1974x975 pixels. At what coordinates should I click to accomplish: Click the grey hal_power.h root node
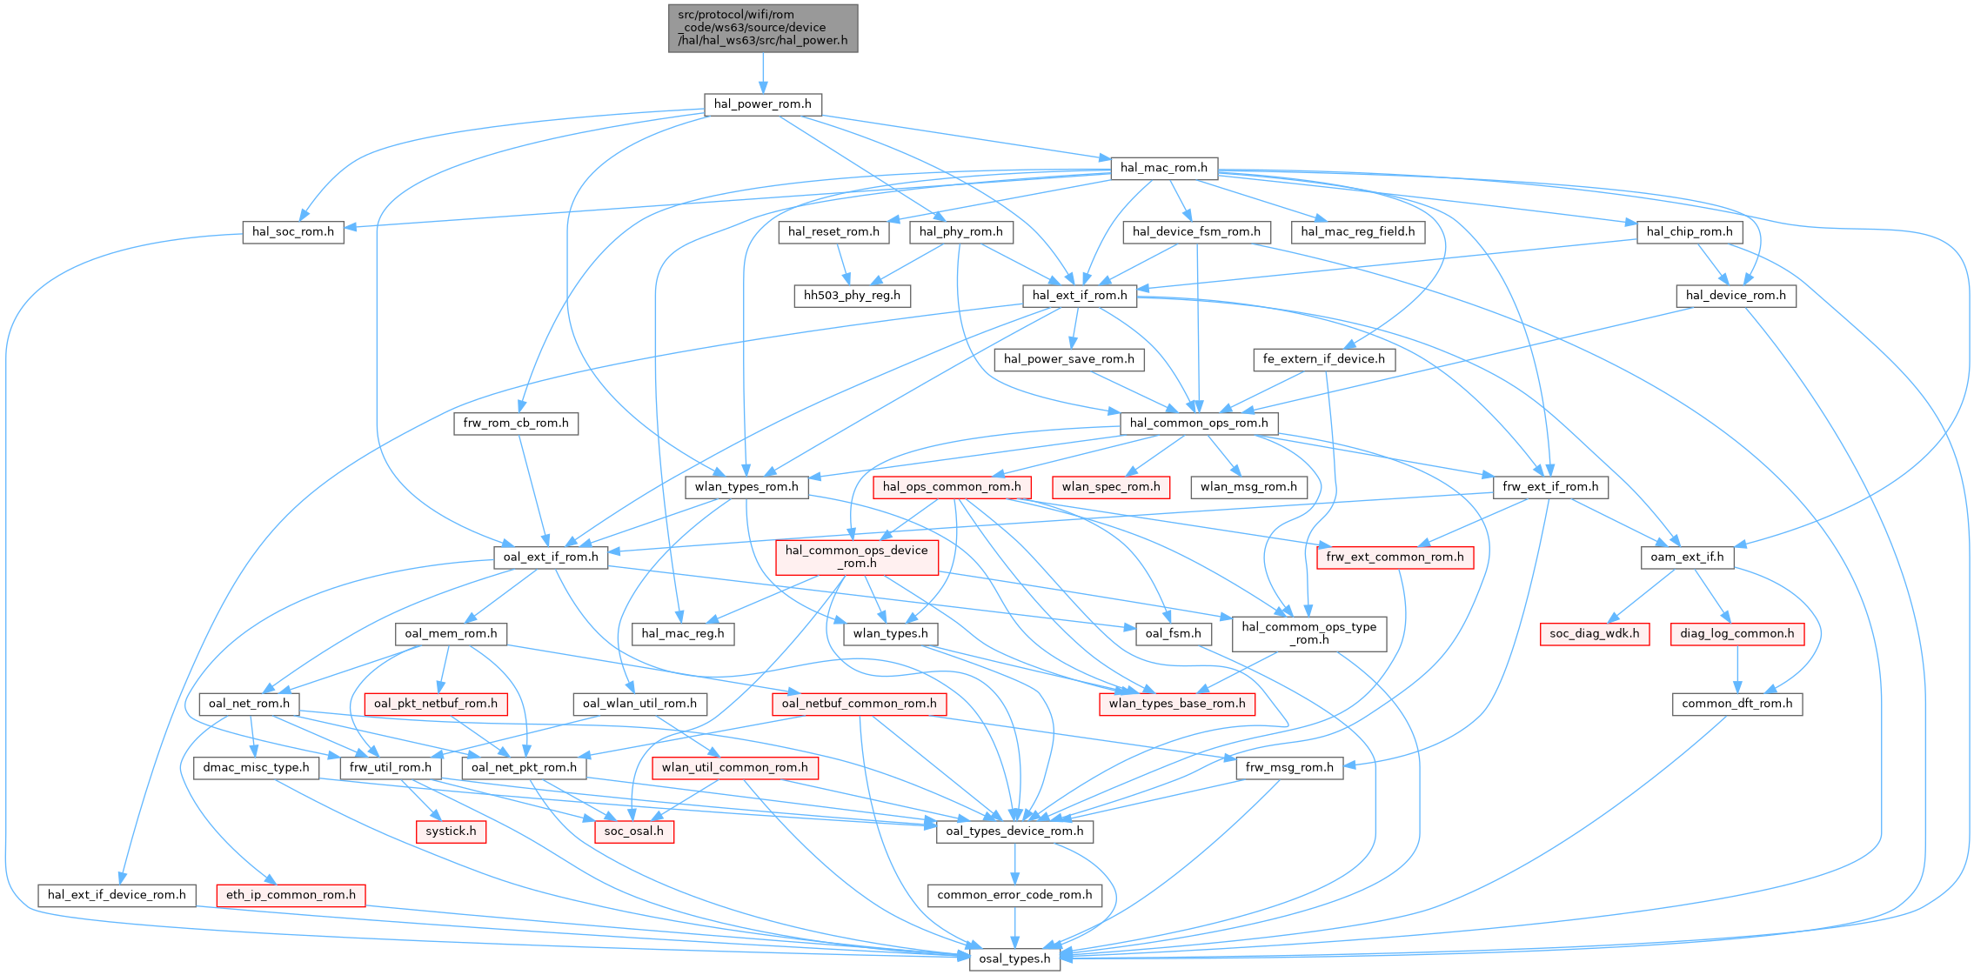coord(763,28)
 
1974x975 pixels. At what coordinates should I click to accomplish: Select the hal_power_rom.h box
coord(762,104)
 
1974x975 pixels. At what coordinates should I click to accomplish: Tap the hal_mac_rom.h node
coord(1163,168)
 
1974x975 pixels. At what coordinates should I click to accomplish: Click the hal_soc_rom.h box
coord(293,231)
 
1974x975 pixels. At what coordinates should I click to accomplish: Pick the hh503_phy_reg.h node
coord(852,296)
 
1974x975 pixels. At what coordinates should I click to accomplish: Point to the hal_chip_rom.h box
coord(1690,231)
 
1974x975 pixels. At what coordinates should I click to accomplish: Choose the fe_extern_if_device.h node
coord(1323,359)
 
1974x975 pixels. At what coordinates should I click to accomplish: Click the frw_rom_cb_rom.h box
coord(516,424)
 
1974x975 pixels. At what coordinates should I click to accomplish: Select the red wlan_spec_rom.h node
coord(1111,487)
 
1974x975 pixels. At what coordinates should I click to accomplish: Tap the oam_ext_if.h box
coord(1687,557)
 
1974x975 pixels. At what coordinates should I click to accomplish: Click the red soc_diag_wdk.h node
coord(1594,634)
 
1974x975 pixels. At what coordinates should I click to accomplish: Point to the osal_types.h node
coord(1014,958)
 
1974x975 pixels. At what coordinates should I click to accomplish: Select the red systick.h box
coord(451,831)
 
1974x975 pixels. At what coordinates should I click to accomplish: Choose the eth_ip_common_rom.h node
coord(291,895)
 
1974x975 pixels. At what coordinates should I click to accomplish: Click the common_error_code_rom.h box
coord(1014,895)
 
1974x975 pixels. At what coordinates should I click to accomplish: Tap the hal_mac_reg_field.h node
coord(1357,231)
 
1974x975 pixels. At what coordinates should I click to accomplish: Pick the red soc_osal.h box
coord(634,831)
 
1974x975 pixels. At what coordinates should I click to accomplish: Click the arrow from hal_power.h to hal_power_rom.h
coord(763,73)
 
